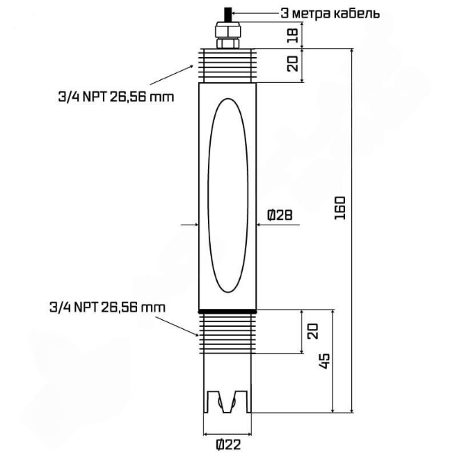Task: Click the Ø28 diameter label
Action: pyautogui.click(x=280, y=216)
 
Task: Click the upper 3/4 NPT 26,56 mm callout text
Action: pyautogui.click(x=113, y=97)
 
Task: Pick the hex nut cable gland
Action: pyautogui.click(x=228, y=34)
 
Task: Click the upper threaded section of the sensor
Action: pyautogui.click(x=228, y=64)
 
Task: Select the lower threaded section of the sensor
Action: pyautogui.click(x=228, y=331)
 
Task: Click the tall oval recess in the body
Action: pyautogui.click(x=228, y=197)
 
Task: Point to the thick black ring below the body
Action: pyautogui.click(x=228, y=311)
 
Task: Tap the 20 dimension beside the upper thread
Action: pyautogui.click(x=291, y=64)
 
